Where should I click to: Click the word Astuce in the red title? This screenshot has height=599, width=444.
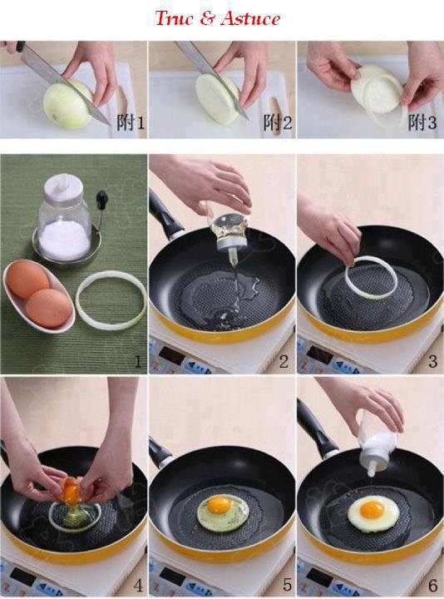point(250,18)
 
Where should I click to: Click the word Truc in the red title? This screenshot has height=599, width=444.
point(175,18)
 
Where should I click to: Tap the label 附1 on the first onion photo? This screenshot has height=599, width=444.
point(131,122)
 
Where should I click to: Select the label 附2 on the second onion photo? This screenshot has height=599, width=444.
point(278,122)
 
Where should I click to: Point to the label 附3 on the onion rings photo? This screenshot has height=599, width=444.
point(422,122)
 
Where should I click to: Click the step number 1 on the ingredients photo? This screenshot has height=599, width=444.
point(138,360)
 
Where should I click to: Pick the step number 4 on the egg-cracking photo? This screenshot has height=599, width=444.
point(138,585)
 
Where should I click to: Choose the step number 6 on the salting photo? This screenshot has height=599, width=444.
point(432,585)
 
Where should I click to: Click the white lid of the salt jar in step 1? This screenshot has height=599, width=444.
point(63,187)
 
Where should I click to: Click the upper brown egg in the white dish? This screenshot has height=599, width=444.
point(27,278)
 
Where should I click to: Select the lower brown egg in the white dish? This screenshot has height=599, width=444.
point(48,308)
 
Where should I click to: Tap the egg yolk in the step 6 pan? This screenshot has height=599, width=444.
point(372,510)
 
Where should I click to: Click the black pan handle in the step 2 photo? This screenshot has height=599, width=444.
point(164,215)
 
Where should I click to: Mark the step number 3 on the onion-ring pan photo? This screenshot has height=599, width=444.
point(432,360)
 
